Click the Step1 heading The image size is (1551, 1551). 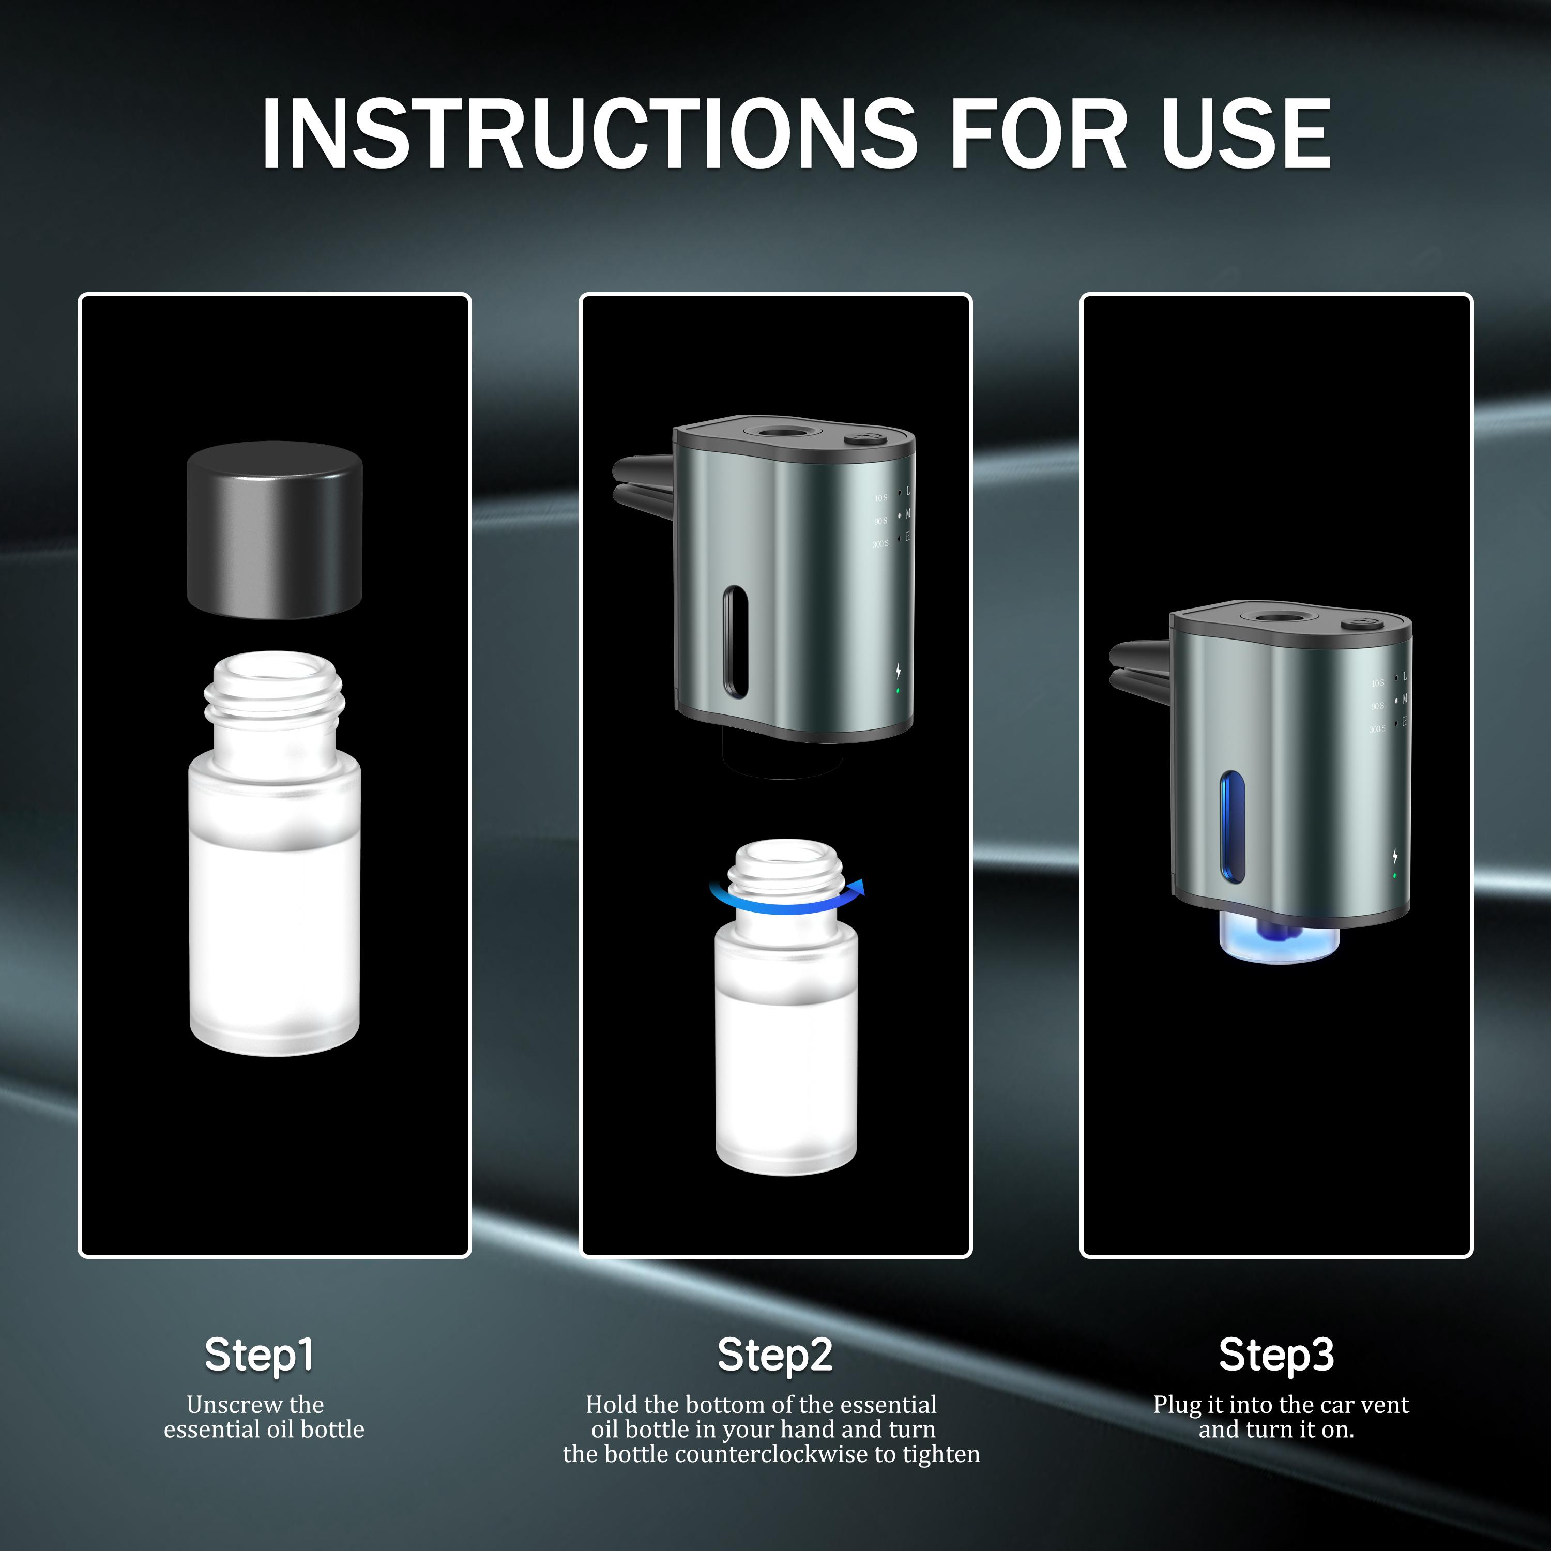(x=258, y=1355)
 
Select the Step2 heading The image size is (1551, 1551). (x=774, y=1355)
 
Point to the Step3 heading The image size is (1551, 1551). (x=1276, y=1355)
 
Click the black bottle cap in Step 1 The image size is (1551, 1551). (x=275, y=530)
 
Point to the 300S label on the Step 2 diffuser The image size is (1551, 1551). (x=880, y=544)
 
